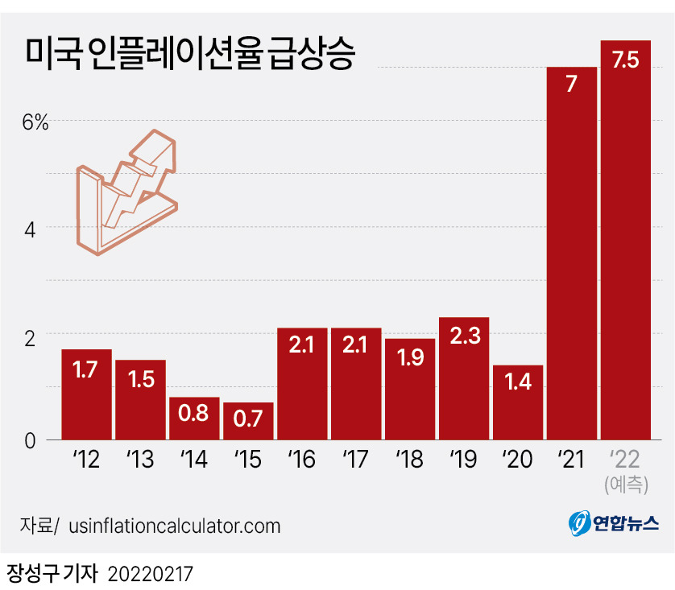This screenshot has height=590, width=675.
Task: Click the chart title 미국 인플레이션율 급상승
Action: coord(189,55)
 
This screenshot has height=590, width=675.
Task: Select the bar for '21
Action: coord(571,258)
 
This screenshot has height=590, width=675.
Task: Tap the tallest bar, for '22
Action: coord(625,241)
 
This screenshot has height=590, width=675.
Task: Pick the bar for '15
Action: coord(248,422)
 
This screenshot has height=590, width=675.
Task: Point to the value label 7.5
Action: coord(625,60)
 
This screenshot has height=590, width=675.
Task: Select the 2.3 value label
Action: coord(464,336)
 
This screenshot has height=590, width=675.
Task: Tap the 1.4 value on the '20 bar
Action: coord(518,383)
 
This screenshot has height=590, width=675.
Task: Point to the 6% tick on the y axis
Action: coord(35,122)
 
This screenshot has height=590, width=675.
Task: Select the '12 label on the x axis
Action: coord(86,460)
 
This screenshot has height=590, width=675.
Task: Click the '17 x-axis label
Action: coord(355,460)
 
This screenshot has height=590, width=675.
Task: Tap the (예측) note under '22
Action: coord(626,484)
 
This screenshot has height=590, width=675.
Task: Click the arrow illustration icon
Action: coord(126,193)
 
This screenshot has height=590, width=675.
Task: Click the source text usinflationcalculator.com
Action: coord(175,526)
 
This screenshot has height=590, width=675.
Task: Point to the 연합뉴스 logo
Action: coord(614,525)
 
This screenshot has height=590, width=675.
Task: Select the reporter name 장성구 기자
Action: coord(51,574)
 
